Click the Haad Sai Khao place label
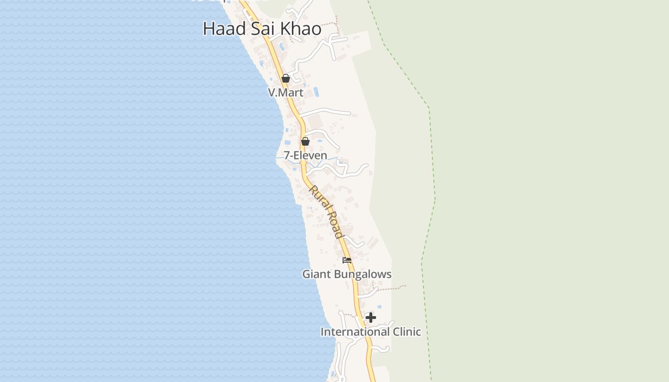pos(262,29)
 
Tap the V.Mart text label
pos(286,93)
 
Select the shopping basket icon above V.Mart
pos(286,78)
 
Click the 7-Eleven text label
pos(305,156)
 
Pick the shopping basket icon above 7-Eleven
pos(305,141)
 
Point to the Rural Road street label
pos(326,212)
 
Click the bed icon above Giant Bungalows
pos(347,260)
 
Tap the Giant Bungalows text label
pos(347,275)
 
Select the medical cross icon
pos(371,318)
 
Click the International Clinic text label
pos(371,332)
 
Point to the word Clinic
pos(407,332)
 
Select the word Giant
pos(316,275)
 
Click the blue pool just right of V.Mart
pos(315,91)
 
